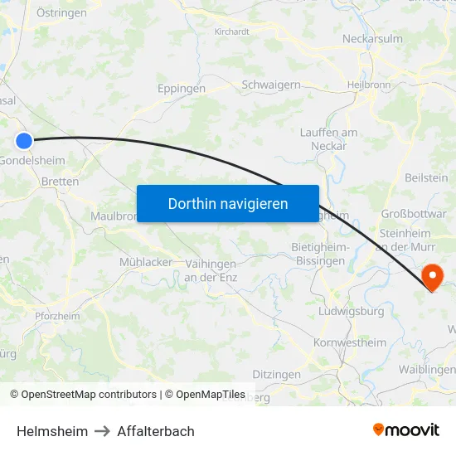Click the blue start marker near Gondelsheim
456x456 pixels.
(x=24, y=142)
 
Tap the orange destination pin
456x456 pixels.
(x=433, y=276)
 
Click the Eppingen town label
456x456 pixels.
(x=182, y=88)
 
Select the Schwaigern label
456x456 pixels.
(x=270, y=85)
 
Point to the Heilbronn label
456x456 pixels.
(x=367, y=85)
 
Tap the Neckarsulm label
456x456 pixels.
(x=372, y=38)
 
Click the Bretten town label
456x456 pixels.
(x=60, y=182)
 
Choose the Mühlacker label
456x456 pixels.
(x=146, y=262)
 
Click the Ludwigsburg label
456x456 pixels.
(x=351, y=312)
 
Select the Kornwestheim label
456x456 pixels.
(x=350, y=342)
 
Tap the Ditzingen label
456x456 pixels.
(x=276, y=375)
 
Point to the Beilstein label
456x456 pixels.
(x=426, y=177)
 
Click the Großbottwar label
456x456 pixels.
(x=414, y=213)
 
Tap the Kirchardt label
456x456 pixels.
(x=231, y=32)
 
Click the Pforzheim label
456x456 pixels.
(x=57, y=316)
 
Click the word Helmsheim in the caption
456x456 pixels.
(x=51, y=431)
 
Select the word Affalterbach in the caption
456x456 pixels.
(x=156, y=431)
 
